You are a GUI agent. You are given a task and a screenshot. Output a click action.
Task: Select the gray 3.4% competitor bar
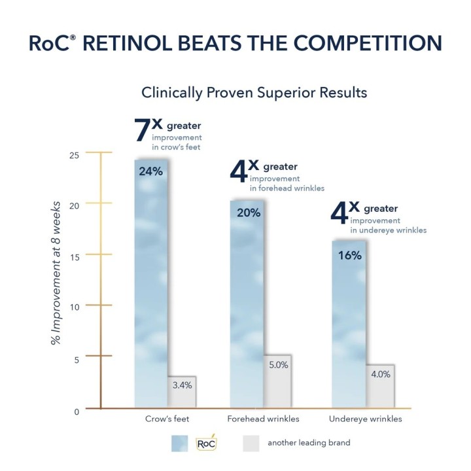point(182,392)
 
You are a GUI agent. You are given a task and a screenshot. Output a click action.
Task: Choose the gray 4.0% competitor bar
point(380,386)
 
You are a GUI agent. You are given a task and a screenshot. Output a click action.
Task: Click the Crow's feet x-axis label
point(164,419)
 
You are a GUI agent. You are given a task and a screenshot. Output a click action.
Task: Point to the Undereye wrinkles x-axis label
point(367,419)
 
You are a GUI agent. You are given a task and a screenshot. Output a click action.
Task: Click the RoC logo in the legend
point(206,444)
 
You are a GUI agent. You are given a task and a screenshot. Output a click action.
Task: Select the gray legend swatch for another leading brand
point(252,444)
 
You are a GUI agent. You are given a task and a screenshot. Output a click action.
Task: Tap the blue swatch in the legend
point(179,444)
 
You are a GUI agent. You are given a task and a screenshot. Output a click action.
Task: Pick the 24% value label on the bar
point(150,171)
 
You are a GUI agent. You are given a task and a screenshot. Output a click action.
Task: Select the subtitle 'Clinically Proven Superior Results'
point(254,93)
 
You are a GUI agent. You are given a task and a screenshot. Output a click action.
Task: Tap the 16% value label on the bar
point(349,255)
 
